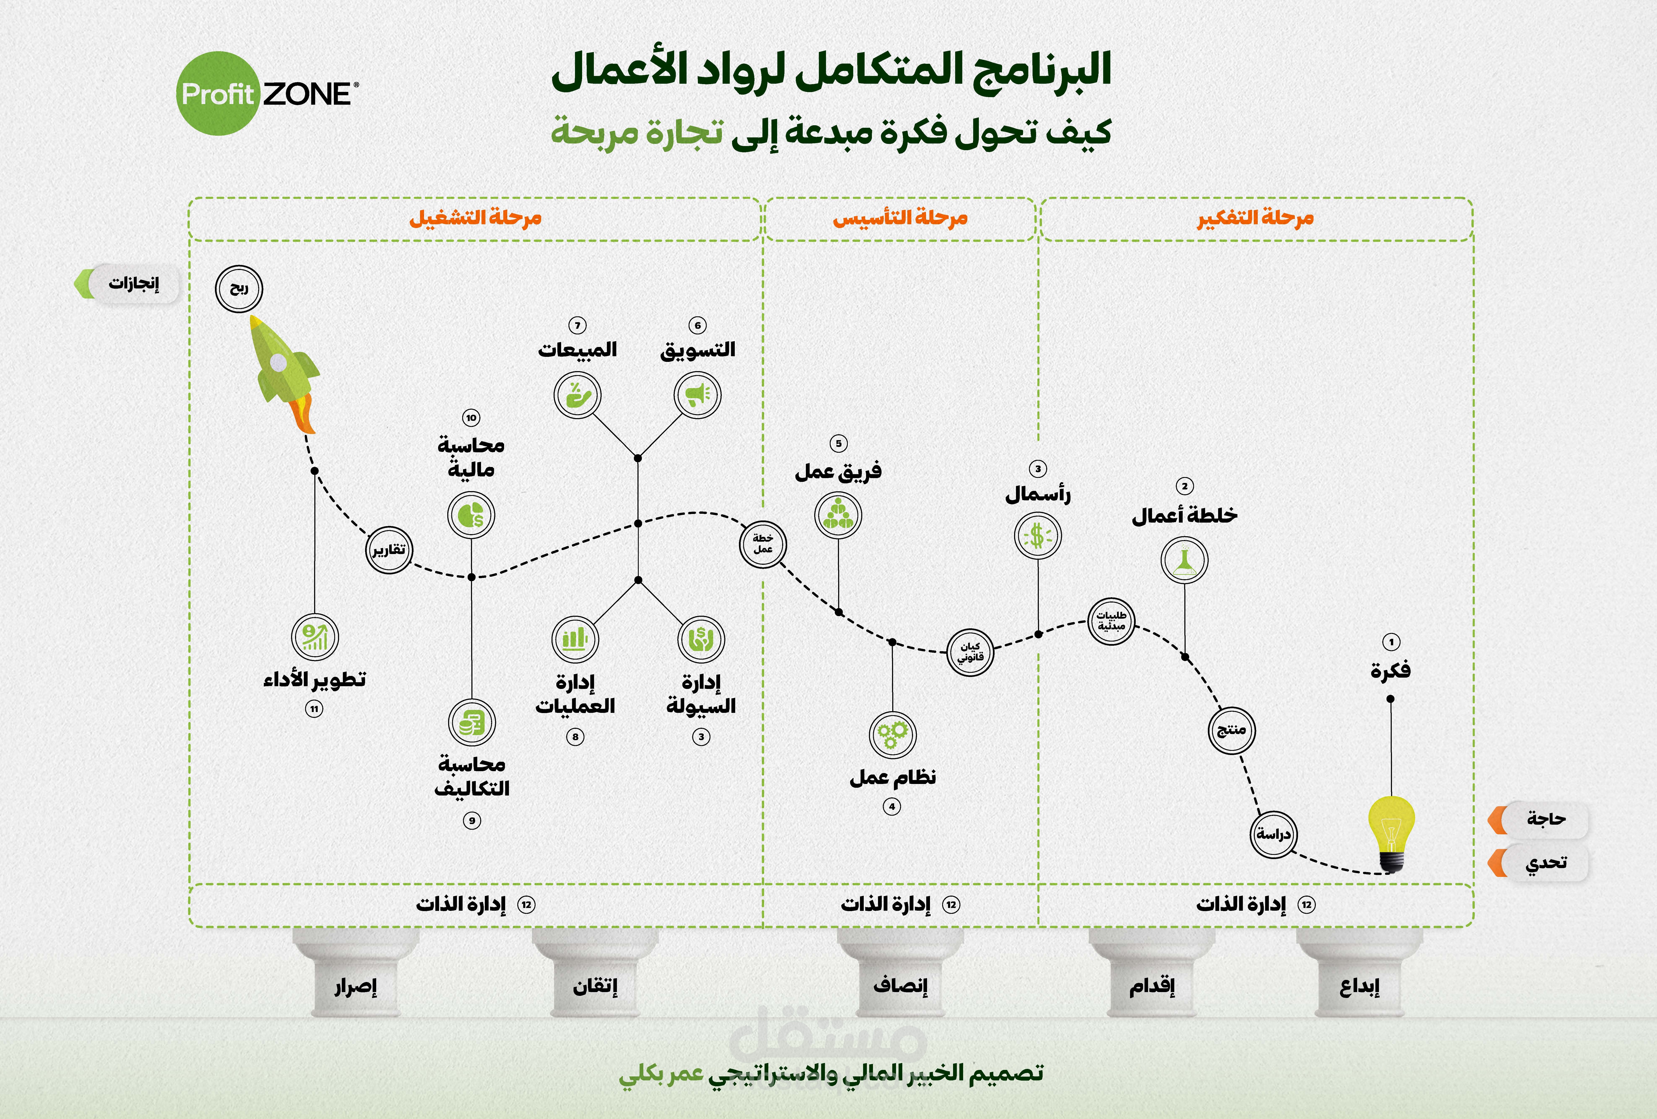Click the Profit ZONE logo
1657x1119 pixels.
coord(267,93)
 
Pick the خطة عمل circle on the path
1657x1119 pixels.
coord(763,544)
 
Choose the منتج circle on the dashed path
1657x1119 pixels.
coord(1231,730)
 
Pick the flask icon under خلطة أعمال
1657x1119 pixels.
coord(1184,560)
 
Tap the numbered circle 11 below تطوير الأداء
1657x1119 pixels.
coord(314,709)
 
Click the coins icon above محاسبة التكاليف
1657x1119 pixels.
coord(471,723)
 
